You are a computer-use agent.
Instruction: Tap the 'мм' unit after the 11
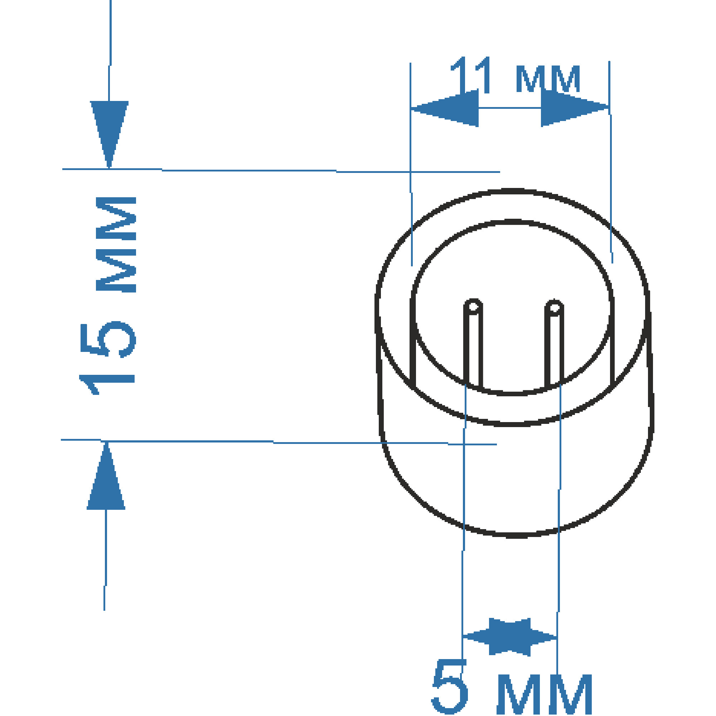(547, 79)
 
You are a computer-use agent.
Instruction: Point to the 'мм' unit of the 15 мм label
(116, 245)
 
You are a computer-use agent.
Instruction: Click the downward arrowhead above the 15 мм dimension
(109, 130)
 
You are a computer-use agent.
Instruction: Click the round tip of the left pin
(473, 306)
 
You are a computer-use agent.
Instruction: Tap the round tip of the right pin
(555, 307)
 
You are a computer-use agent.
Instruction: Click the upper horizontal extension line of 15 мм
(260, 171)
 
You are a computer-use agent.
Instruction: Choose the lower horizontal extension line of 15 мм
(260, 442)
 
